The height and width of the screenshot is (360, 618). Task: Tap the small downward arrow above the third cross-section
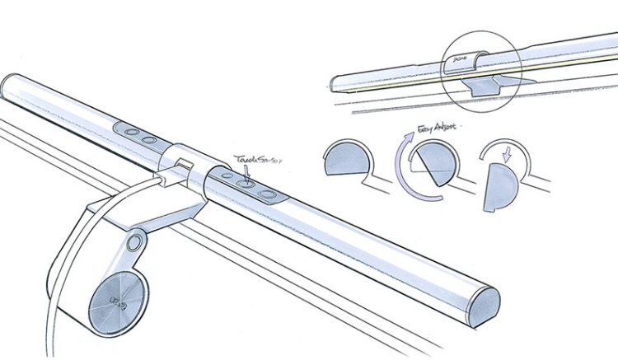pos(506,152)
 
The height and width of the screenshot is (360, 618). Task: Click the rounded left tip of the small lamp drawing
pos(335,83)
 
